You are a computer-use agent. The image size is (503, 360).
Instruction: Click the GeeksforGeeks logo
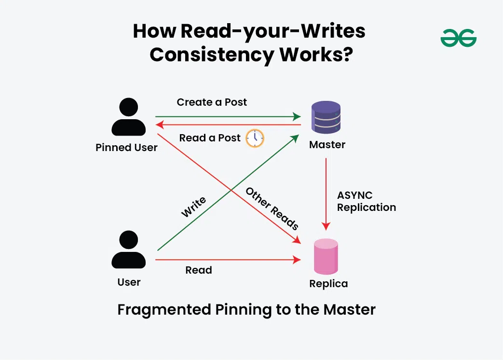click(x=458, y=38)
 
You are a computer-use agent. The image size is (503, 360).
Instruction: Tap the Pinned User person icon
click(x=128, y=117)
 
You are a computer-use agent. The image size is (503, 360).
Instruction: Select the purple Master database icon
click(x=326, y=117)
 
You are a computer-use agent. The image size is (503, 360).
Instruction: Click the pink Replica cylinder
click(x=326, y=257)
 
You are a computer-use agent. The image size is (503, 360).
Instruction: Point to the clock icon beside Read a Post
click(x=255, y=138)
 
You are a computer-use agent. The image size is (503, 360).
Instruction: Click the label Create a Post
click(x=212, y=102)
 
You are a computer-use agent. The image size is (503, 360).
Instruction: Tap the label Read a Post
click(x=210, y=138)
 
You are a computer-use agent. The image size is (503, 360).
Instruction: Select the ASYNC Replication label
click(x=366, y=201)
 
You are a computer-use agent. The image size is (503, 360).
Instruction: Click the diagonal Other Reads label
click(x=272, y=208)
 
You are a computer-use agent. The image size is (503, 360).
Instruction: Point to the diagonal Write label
click(x=193, y=207)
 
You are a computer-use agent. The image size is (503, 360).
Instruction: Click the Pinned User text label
click(x=126, y=148)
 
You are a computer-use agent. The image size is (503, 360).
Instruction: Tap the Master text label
click(x=327, y=144)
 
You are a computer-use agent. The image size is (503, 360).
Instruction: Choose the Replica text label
click(x=328, y=283)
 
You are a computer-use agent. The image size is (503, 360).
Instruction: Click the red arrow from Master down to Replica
click(x=326, y=193)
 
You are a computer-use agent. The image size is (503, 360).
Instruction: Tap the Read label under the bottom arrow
click(x=199, y=270)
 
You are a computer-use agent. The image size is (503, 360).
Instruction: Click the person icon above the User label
click(x=128, y=249)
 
